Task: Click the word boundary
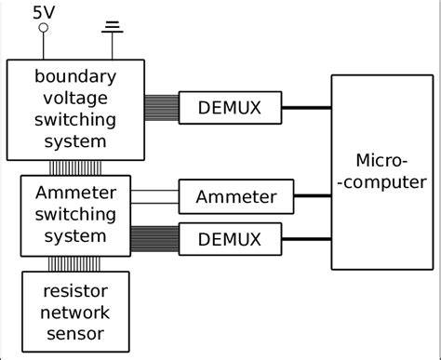pos(75,76)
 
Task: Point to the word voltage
pos(75,99)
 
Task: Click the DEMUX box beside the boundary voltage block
pos(232,108)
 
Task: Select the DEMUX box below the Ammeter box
pos(232,239)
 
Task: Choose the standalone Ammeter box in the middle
pos(235,196)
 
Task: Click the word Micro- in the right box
pos(382,160)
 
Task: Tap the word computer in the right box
pos(382,182)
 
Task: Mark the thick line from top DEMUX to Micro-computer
pos(308,108)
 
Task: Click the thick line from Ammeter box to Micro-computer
pos(313,196)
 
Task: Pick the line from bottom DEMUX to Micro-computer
pos(308,239)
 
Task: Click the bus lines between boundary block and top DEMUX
pos(162,108)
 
